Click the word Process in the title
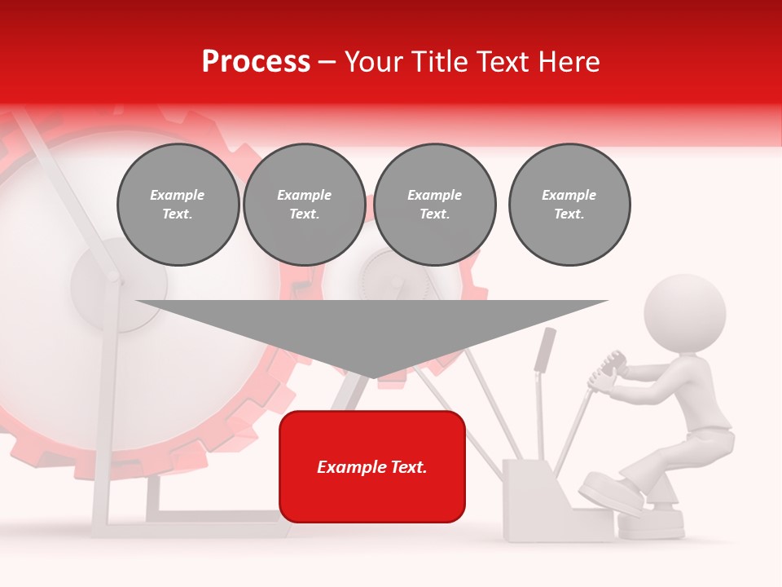(x=256, y=62)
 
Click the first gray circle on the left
(x=178, y=205)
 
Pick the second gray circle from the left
(x=305, y=205)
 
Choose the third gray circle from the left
(x=435, y=205)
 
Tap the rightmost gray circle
(x=569, y=205)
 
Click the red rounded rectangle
(x=372, y=466)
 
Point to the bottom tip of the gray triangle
(x=372, y=377)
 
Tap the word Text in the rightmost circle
(x=569, y=214)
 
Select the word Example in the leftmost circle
(x=178, y=195)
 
